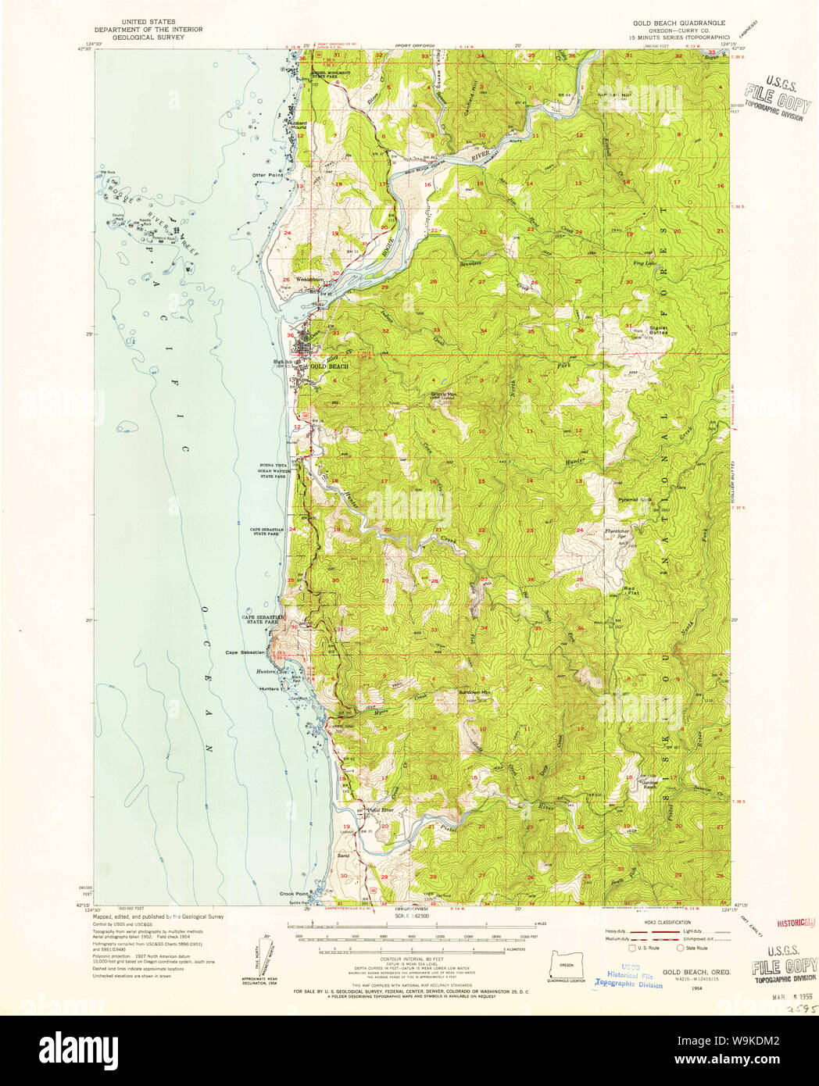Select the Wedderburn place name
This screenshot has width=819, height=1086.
(309, 280)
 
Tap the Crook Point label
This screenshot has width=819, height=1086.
(291, 893)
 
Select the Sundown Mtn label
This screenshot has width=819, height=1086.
(474, 692)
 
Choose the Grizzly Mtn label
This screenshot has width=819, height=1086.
(444, 394)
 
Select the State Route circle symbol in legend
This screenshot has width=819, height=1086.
(680, 948)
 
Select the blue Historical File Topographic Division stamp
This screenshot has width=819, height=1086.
(630, 977)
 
